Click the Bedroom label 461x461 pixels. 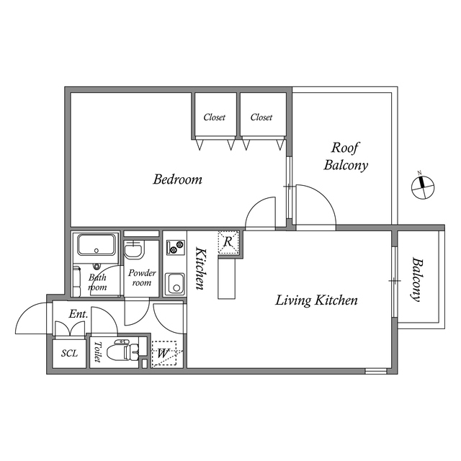tap(177, 179)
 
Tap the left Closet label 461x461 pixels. tap(214, 117)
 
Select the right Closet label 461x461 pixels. tap(261, 117)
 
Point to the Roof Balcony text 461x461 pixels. tap(346, 156)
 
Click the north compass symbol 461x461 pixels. tap(421, 187)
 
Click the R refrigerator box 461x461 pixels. tap(228, 242)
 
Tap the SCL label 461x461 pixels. tap(69, 353)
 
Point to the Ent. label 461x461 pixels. tap(78, 314)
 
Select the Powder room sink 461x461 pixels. tap(134, 251)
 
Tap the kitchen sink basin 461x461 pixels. tap(175, 284)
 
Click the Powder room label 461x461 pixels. tap(141, 278)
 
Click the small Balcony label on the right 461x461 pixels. tap(417, 279)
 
